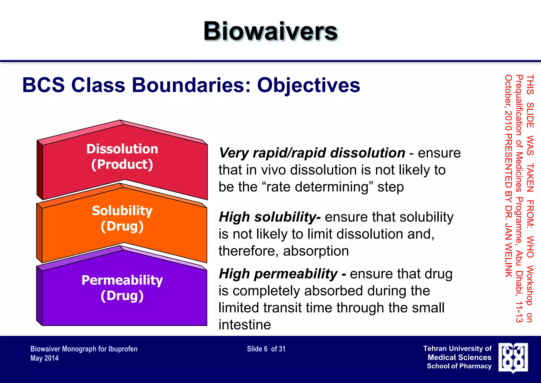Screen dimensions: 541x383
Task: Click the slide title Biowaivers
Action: (x=270, y=31)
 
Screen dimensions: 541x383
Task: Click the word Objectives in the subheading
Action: (x=309, y=85)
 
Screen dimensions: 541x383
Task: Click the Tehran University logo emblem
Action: (x=513, y=358)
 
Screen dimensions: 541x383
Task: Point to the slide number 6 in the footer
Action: (x=265, y=349)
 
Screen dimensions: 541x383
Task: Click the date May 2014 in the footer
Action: (x=44, y=358)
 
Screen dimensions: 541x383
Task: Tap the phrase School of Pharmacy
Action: (x=459, y=366)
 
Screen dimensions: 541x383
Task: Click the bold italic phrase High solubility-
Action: (x=270, y=217)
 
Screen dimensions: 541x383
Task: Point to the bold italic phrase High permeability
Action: (x=278, y=274)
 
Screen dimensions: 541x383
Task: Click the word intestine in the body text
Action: (x=245, y=325)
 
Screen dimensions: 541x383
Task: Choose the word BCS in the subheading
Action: (x=44, y=85)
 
